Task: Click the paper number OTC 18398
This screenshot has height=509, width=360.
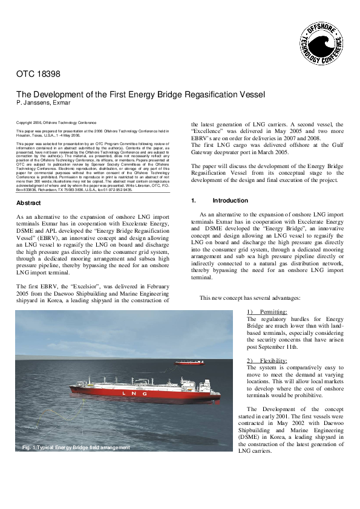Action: [x=38, y=75]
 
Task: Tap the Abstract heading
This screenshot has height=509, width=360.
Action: [x=28, y=203]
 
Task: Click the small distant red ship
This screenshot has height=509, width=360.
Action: [x=189, y=363]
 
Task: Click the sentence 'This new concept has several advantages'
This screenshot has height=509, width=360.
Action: [x=250, y=297]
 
